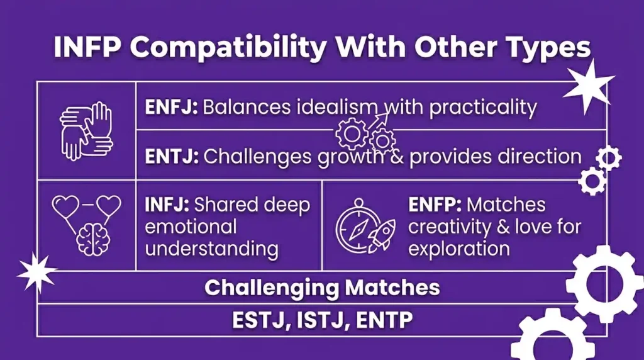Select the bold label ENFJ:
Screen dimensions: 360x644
tap(171, 107)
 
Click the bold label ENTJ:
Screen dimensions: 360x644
tap(172, 156)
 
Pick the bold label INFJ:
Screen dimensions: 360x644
tap(167, 205)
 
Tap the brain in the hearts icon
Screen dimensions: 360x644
tap(93, 239)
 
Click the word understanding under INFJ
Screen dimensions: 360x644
tap(211, 248)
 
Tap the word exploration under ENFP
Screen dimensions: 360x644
tap(458, 248)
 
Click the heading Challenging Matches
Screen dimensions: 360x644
tap(322, 288)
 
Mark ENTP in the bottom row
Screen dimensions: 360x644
tap(384, 320)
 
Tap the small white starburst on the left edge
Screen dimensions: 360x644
tap(36, 272)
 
